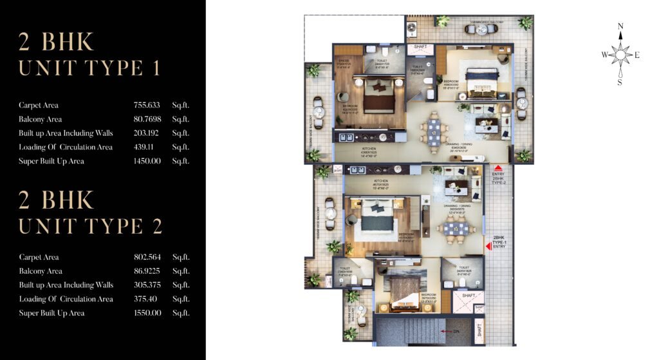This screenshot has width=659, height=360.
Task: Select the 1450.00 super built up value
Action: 147,161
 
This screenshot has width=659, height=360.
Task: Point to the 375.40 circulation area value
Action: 145,299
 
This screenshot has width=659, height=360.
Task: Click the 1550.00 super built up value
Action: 147,313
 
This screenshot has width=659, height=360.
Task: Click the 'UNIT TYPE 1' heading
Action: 89,68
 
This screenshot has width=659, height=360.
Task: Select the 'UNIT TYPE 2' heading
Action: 91,226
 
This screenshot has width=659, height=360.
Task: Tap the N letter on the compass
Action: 620,26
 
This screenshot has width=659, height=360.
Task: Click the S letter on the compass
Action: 620,82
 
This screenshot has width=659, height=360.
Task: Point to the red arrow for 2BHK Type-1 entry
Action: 488,246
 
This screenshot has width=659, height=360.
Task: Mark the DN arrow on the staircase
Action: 441,331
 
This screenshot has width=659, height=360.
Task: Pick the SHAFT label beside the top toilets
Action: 420,47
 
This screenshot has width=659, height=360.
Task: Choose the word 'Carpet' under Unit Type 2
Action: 30,257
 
